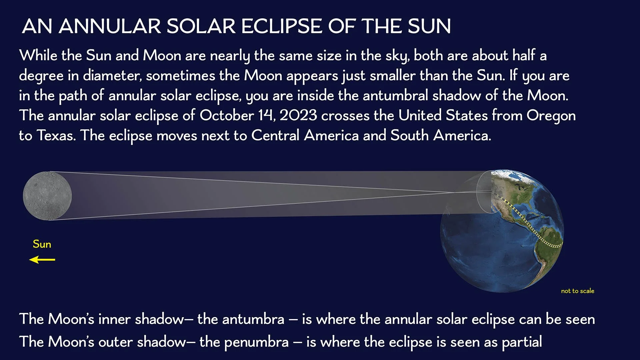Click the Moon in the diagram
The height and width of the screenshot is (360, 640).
click(47, 196)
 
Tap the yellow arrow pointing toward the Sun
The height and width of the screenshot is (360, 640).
click(42, 260)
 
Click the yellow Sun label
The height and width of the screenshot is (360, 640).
click(42, 244)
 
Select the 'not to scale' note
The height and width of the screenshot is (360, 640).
click(577, 291)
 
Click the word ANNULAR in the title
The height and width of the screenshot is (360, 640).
click(110, 26)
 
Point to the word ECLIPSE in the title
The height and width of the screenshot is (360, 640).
click(282, 26)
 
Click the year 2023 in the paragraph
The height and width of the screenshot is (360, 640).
click(298, 116)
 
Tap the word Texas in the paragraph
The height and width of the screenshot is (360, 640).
click(56, 136)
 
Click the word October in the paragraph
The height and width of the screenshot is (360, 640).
click(227, 116)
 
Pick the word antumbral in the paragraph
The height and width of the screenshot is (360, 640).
click(395, 96)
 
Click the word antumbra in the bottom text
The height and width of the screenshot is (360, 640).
click(253, 319)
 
